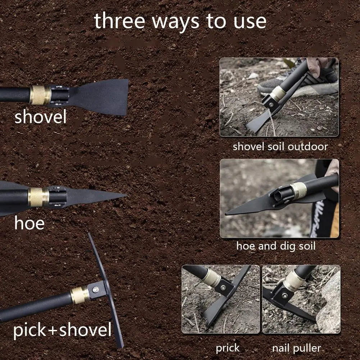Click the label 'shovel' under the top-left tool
click(40, 118)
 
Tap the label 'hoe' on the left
click(29, 223)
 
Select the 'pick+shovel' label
click(62, 330)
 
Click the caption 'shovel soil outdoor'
click(280, 147)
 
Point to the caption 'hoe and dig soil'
click(275, 246)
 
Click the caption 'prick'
click(227, 348)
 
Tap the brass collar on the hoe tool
click(38, 197)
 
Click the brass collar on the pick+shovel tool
click(79, 295)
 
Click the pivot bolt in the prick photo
click(223, 287)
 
